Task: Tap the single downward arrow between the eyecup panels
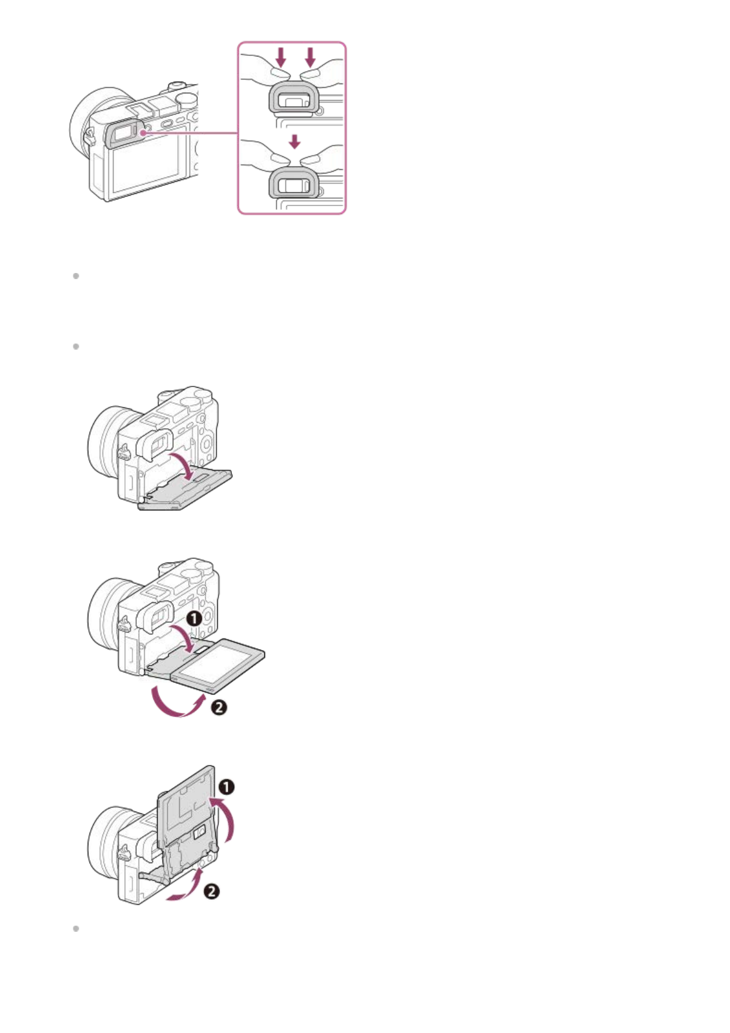pos(295,142)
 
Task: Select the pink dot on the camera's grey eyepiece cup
pos(142,132)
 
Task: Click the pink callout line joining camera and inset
pos(190,132)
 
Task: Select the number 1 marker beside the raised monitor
pos(226,786)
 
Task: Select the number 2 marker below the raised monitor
pos(211,891)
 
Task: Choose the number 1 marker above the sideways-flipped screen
pos(194,618)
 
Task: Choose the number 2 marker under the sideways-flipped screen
pos(218,707)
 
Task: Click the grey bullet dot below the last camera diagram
pos(76,929)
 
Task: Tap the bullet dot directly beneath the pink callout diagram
pos(76,276)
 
